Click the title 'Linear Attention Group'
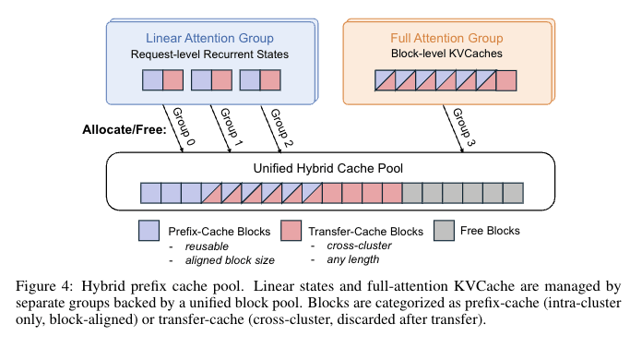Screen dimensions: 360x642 tap(209, 38)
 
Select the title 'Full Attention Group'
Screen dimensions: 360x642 tap(445, 38)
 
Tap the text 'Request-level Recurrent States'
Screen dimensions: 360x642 tap(209, 55)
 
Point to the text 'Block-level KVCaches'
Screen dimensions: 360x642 tap(445, 55)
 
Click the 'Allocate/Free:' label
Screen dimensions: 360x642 tap(125, 129)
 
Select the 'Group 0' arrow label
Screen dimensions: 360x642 tap(182, 127)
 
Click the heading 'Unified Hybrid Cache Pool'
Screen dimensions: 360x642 tap(330, 169)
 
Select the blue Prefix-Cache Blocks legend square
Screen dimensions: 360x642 tap(149, 230)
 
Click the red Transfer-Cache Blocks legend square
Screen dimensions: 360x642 tap(291, 230)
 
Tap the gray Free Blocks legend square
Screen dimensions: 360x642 tap(445, 230)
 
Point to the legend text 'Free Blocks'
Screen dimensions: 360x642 tap(491, 231)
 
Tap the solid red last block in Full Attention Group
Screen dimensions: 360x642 tap(505, 80)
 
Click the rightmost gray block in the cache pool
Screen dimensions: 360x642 tap(513, 193)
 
